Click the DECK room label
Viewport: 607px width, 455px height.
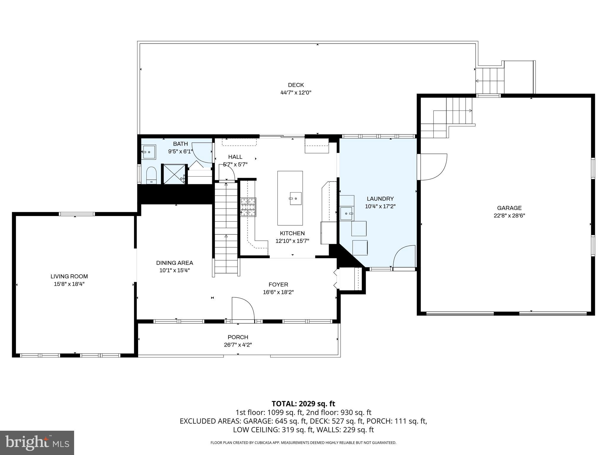296,85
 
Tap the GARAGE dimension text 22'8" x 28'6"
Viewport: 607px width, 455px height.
509,216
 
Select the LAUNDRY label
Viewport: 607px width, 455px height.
380,199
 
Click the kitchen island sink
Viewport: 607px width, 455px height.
295,198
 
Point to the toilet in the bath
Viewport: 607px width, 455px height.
151,175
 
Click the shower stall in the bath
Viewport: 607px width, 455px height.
174,174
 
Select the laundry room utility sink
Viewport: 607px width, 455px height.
347,213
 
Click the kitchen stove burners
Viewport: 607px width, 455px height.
248,207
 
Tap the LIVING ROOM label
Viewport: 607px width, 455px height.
69,276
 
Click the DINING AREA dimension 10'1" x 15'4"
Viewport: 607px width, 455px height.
174,270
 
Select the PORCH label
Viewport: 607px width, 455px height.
238,337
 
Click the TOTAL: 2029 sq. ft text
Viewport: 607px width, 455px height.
303,404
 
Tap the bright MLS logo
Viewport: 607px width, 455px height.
37,443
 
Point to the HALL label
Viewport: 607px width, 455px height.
235,157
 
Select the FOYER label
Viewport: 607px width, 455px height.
278,285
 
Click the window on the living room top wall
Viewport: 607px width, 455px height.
76,214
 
